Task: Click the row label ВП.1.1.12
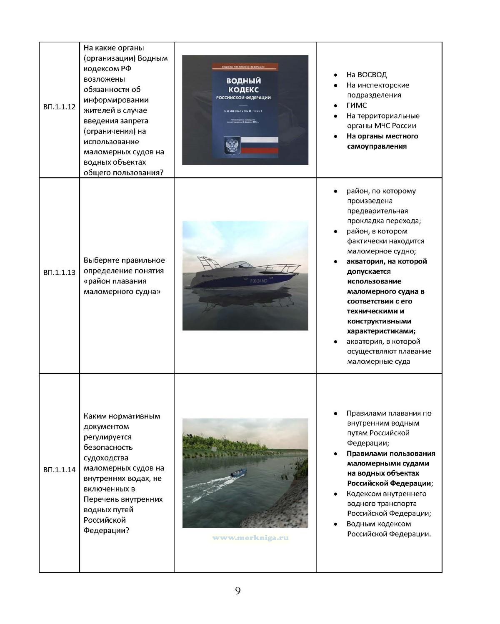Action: pyautogui.click(x=59, y=107)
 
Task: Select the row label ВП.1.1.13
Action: pyautogui.click(x=59, y=273)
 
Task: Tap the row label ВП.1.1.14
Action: pyautogui.click(x=59, y=470)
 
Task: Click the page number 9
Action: pyautogui.click(x=238, y=590)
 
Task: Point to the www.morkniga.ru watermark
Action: pyautogui.click(x=250, y=538)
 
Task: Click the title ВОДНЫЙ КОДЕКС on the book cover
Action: pyautogui.click(x=243, y=85)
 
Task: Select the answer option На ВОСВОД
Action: pyautogui.click(x=367, y=75)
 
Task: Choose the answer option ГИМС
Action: pyautogui.click(x=357, y=105)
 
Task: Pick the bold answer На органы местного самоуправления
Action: pyautogui.click(x=382, y=141)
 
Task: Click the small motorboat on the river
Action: pyautogui.click(x=240, y=472)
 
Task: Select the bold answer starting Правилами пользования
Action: pyautogui.click(x=390, y=468)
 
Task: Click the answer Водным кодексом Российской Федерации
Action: pyautogui.click(x=388, y=529)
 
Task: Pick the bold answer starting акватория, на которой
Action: pyautogui.click(x=386, y=296)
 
